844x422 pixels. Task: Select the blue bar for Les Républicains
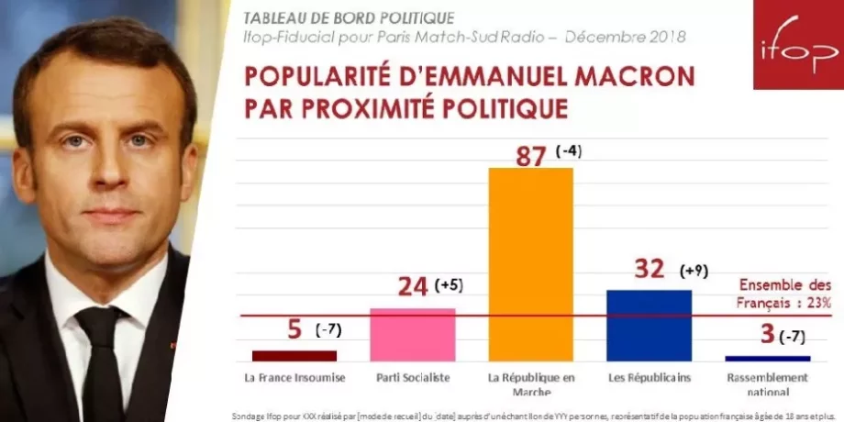pos(649,325)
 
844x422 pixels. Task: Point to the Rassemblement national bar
pos(767,358)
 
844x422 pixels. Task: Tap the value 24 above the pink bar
pos(413,286)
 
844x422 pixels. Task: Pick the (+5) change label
pos(449,285)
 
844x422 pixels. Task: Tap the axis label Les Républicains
pos(650,378)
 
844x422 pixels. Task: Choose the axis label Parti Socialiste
pos(412,378)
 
